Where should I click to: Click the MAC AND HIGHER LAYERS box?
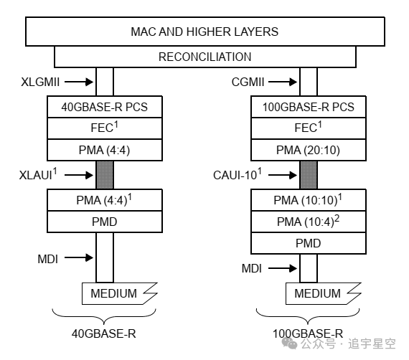click(205, 32)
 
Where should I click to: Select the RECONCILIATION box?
click(205, 57)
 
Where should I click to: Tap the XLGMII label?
click(40, 82)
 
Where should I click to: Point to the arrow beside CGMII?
click(283, 82)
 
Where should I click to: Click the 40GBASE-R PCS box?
click(105, 107)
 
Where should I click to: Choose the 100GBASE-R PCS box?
click(309, 107)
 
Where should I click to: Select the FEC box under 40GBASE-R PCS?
click(105, 128)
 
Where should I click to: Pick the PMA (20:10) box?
click(309, 150)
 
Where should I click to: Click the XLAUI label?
click(38, 174)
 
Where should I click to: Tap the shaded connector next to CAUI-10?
click(309, 175)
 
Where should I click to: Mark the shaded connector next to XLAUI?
click(105, 175)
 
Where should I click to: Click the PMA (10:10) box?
click(309, 200)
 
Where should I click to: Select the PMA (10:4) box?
click(309, 222)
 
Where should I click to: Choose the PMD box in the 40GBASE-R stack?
click(105, 222)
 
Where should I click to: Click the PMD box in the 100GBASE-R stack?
click(309, 243)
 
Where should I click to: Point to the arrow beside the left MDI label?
click(79, 257)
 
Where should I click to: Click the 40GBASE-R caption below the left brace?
click(104, 333)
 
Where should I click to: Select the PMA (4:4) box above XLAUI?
click(105, 150)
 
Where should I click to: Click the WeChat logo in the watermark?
click(290, 343)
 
